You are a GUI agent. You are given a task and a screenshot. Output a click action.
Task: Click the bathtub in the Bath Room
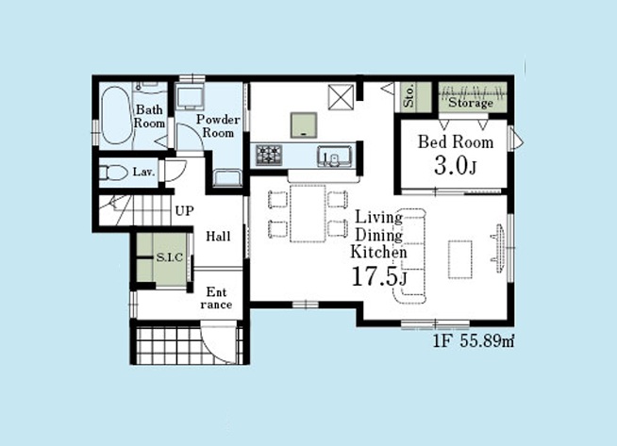116,116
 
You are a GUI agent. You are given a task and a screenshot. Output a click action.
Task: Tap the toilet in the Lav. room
113,173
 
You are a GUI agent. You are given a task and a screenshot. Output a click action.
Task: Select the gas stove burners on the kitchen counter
270,155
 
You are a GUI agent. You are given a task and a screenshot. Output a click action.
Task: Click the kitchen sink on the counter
335,157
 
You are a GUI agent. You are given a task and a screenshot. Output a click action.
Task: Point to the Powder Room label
218,125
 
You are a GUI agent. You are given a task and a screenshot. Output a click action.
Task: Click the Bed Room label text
456,142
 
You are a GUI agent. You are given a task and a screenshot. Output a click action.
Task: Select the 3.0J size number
456,166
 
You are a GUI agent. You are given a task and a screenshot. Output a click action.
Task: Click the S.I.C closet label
170,257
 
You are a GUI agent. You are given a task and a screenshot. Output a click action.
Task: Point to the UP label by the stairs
184,211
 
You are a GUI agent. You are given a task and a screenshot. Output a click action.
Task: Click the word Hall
218,237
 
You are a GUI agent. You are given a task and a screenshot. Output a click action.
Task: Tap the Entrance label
216,298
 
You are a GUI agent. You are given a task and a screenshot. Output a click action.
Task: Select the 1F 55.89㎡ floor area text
474,341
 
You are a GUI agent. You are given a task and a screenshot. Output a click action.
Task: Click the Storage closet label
471,103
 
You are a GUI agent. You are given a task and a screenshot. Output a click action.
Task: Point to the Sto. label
409,96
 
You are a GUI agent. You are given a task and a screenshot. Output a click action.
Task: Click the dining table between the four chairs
308,213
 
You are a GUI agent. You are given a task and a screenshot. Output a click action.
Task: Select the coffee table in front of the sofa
460,259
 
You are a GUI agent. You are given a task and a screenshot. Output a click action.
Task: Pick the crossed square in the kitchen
342,97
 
